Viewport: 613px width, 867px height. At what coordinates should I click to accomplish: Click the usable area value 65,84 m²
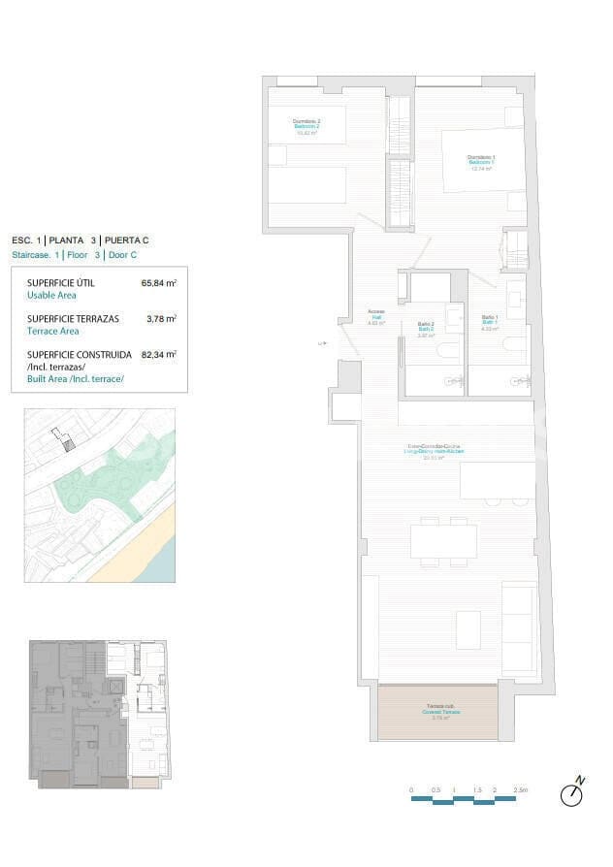click(158, 284)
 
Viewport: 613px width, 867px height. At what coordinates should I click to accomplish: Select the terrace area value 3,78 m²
click(160, 318)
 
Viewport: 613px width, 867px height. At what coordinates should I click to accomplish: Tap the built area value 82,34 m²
click(158, 355)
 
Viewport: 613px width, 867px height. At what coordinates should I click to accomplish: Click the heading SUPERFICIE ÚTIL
click(65, 284)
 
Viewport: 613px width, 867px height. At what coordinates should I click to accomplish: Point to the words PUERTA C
click(126, 241)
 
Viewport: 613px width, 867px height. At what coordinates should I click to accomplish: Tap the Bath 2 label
click(425, 329)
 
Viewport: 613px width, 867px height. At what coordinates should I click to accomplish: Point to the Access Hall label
click(376, 317)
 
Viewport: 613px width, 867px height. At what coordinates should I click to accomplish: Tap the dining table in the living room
click(443, 540)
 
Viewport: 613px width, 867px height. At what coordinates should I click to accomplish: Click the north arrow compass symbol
click(572, 793)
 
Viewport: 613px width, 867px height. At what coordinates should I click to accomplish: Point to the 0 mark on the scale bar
click(411, 790)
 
